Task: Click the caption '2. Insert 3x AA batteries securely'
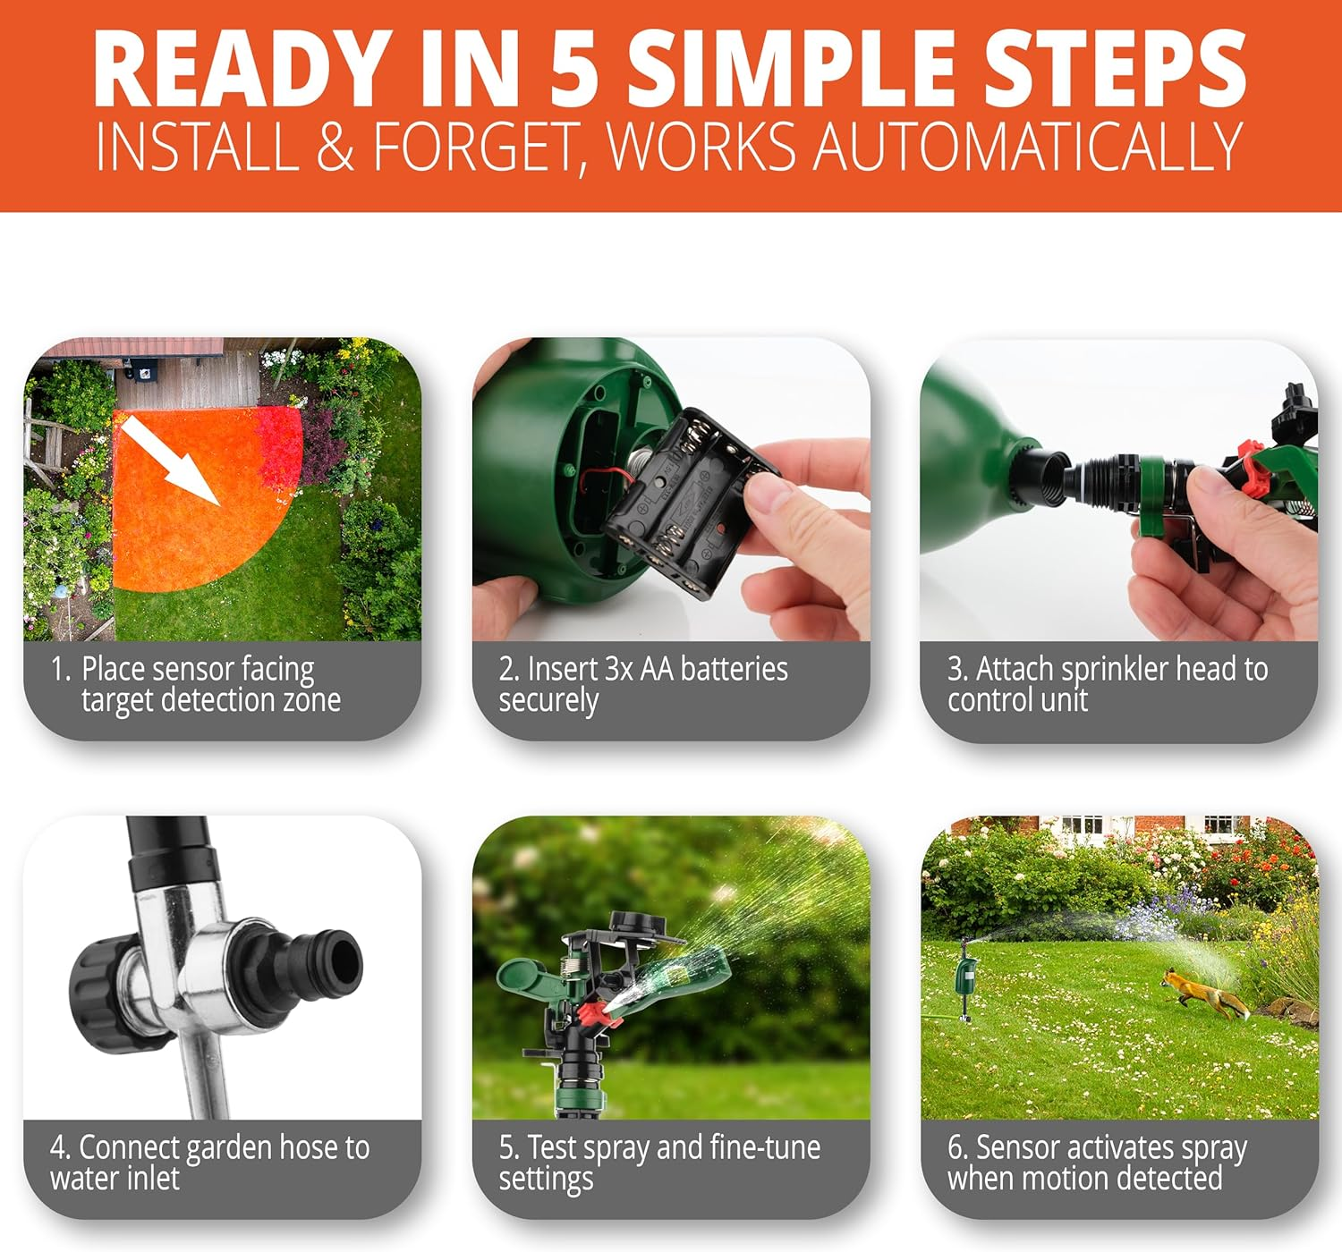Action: [x=642, y=684]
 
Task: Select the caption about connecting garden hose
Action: [x=209, y=1163]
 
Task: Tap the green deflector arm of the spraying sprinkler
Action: [x=532, y=977]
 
